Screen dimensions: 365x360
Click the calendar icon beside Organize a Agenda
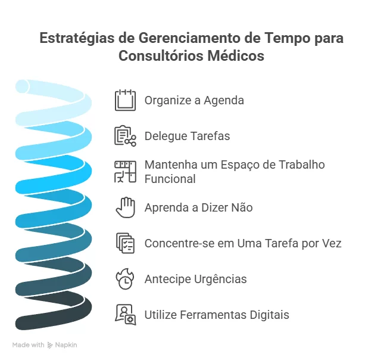pyautogui.click(x=125, y=100)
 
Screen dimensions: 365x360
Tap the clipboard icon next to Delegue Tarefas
pyautogui.click(x=125, y=136)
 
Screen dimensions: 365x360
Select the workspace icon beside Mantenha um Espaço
pyautogui.click(x=125, y=172)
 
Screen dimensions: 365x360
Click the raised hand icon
pyautogui.click(x=126, y=207)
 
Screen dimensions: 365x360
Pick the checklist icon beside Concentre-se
pyautogui.click(x=125, y=243)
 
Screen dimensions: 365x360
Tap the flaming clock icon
pyautogui.click(x=125, y=279)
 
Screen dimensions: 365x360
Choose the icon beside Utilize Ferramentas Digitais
pyautogui.click(x=126, y=315)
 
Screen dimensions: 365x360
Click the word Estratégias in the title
pyautogui.click(x=77, y=38)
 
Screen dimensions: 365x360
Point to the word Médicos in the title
pyautogui.click(x=236, y=55)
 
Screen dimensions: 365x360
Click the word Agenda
pyautogui.click(x=224, y=100)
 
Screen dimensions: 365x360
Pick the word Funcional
pyautogui.click(x=170, y=179)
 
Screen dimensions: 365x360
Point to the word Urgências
pyautogui.click(x=220, y=279)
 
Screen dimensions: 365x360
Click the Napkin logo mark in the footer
pyautogui.click(x=50, y=345)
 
